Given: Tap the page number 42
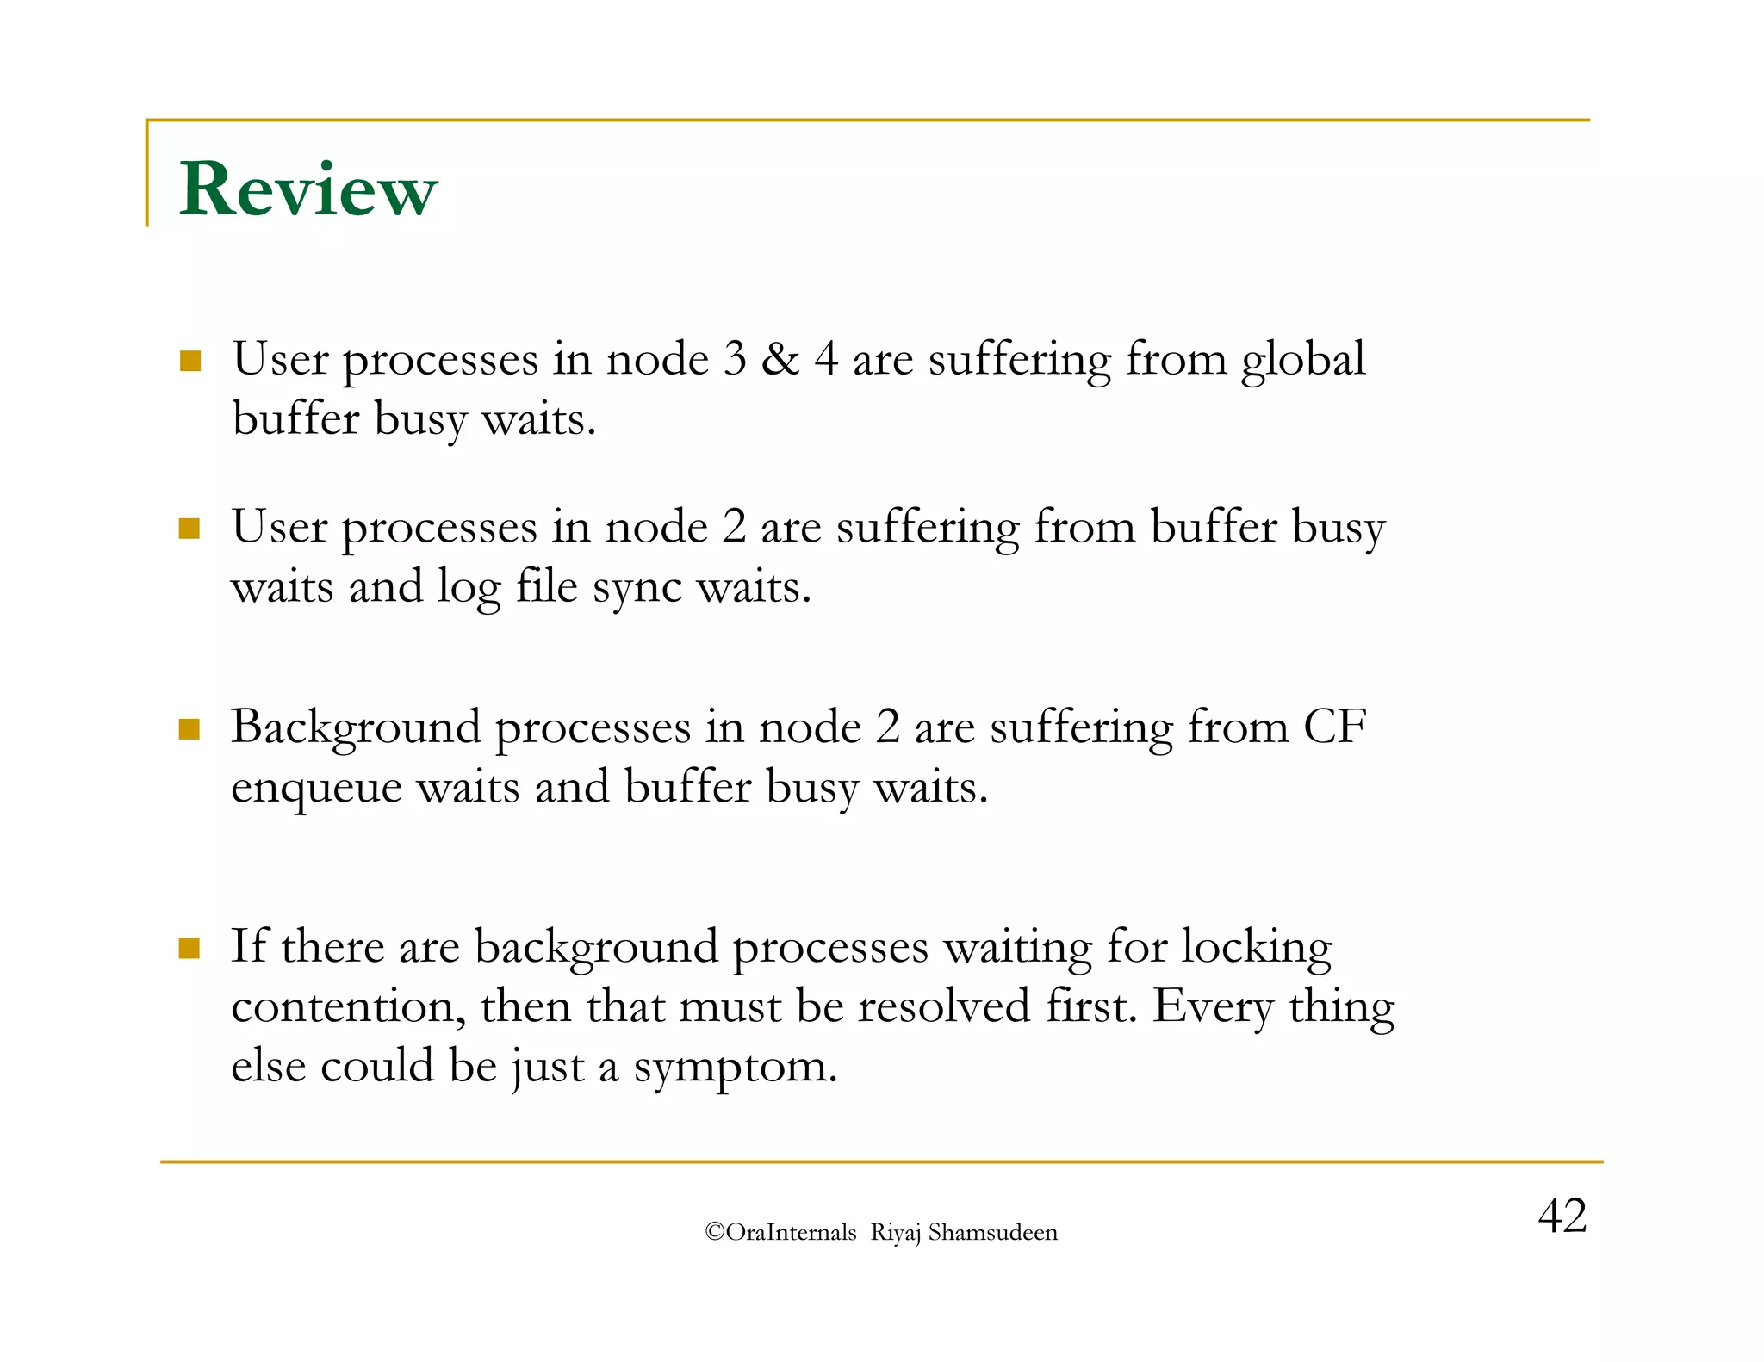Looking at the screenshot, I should (x=1561, y=1216).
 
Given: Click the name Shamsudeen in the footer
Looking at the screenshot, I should (x=992, y=1232).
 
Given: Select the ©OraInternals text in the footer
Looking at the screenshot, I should (x=780, y=1232).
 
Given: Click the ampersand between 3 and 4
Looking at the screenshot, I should (x=780, y=359).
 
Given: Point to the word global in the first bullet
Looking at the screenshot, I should (x=1302, y=359).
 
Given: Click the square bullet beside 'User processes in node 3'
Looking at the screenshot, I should (x=190, y=361).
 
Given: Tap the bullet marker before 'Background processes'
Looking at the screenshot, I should (x=189, y=729).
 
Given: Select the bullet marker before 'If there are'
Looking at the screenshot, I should (x=189, y=949).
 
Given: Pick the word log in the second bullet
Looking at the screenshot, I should (x=469, y=588).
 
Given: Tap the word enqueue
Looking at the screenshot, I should (x=316, y=788).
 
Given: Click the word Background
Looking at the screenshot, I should (x=355, y=727).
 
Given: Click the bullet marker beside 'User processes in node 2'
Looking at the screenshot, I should (x=189, y=528).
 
